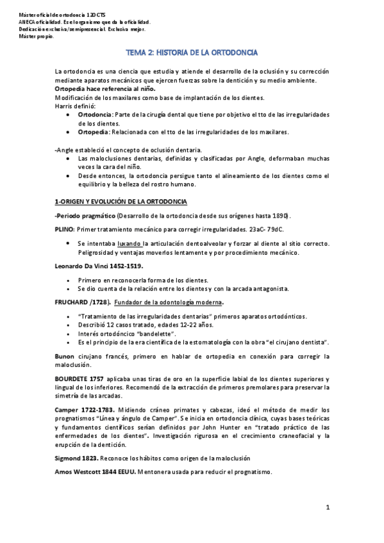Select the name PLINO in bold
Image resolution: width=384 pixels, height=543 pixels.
[x=65, y=229]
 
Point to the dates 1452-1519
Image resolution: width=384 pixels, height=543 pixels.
[x=127, y=265]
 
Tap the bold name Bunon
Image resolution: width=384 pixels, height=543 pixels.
[x=65, y=355]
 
